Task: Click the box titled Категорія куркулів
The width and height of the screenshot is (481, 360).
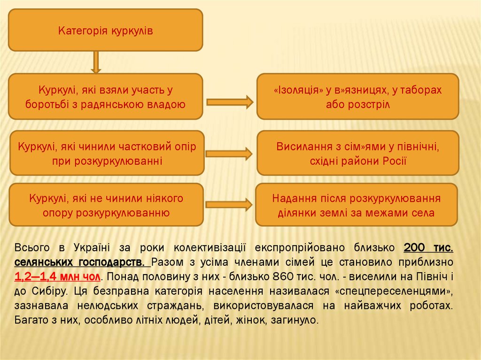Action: (105, 30)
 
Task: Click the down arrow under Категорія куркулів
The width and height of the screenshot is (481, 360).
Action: (96, 62)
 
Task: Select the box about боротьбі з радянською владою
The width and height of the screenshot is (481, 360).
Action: (105, 96)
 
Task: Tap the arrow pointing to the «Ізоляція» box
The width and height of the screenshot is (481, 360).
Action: (230, 101)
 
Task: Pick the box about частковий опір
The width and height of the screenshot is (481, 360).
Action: (107, 153)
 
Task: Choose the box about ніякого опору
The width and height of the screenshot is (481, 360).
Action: (106, 205)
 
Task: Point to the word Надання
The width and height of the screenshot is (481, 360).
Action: (291, 199)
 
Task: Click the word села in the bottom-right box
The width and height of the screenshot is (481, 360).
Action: (423, 213)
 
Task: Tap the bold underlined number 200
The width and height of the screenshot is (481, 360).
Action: (415, 247)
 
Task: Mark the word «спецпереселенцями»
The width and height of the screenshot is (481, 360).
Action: (394, 291)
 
